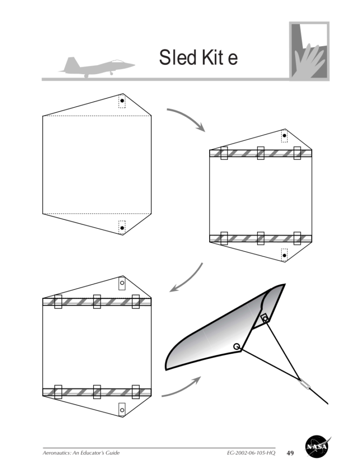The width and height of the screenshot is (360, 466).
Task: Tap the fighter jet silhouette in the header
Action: point(97,66)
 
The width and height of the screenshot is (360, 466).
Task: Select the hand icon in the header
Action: point(309,51)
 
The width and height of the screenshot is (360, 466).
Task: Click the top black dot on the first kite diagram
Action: point(122,101)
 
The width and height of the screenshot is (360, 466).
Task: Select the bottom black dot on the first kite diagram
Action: point(122,228)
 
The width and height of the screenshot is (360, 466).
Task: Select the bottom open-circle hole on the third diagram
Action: point(122,410)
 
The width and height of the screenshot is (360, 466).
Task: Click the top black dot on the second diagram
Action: point(285,136)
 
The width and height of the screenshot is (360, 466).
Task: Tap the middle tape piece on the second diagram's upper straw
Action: point(261,153)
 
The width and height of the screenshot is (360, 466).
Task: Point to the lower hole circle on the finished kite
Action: point(237,346)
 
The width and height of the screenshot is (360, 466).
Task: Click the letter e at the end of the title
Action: point(229,60)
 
